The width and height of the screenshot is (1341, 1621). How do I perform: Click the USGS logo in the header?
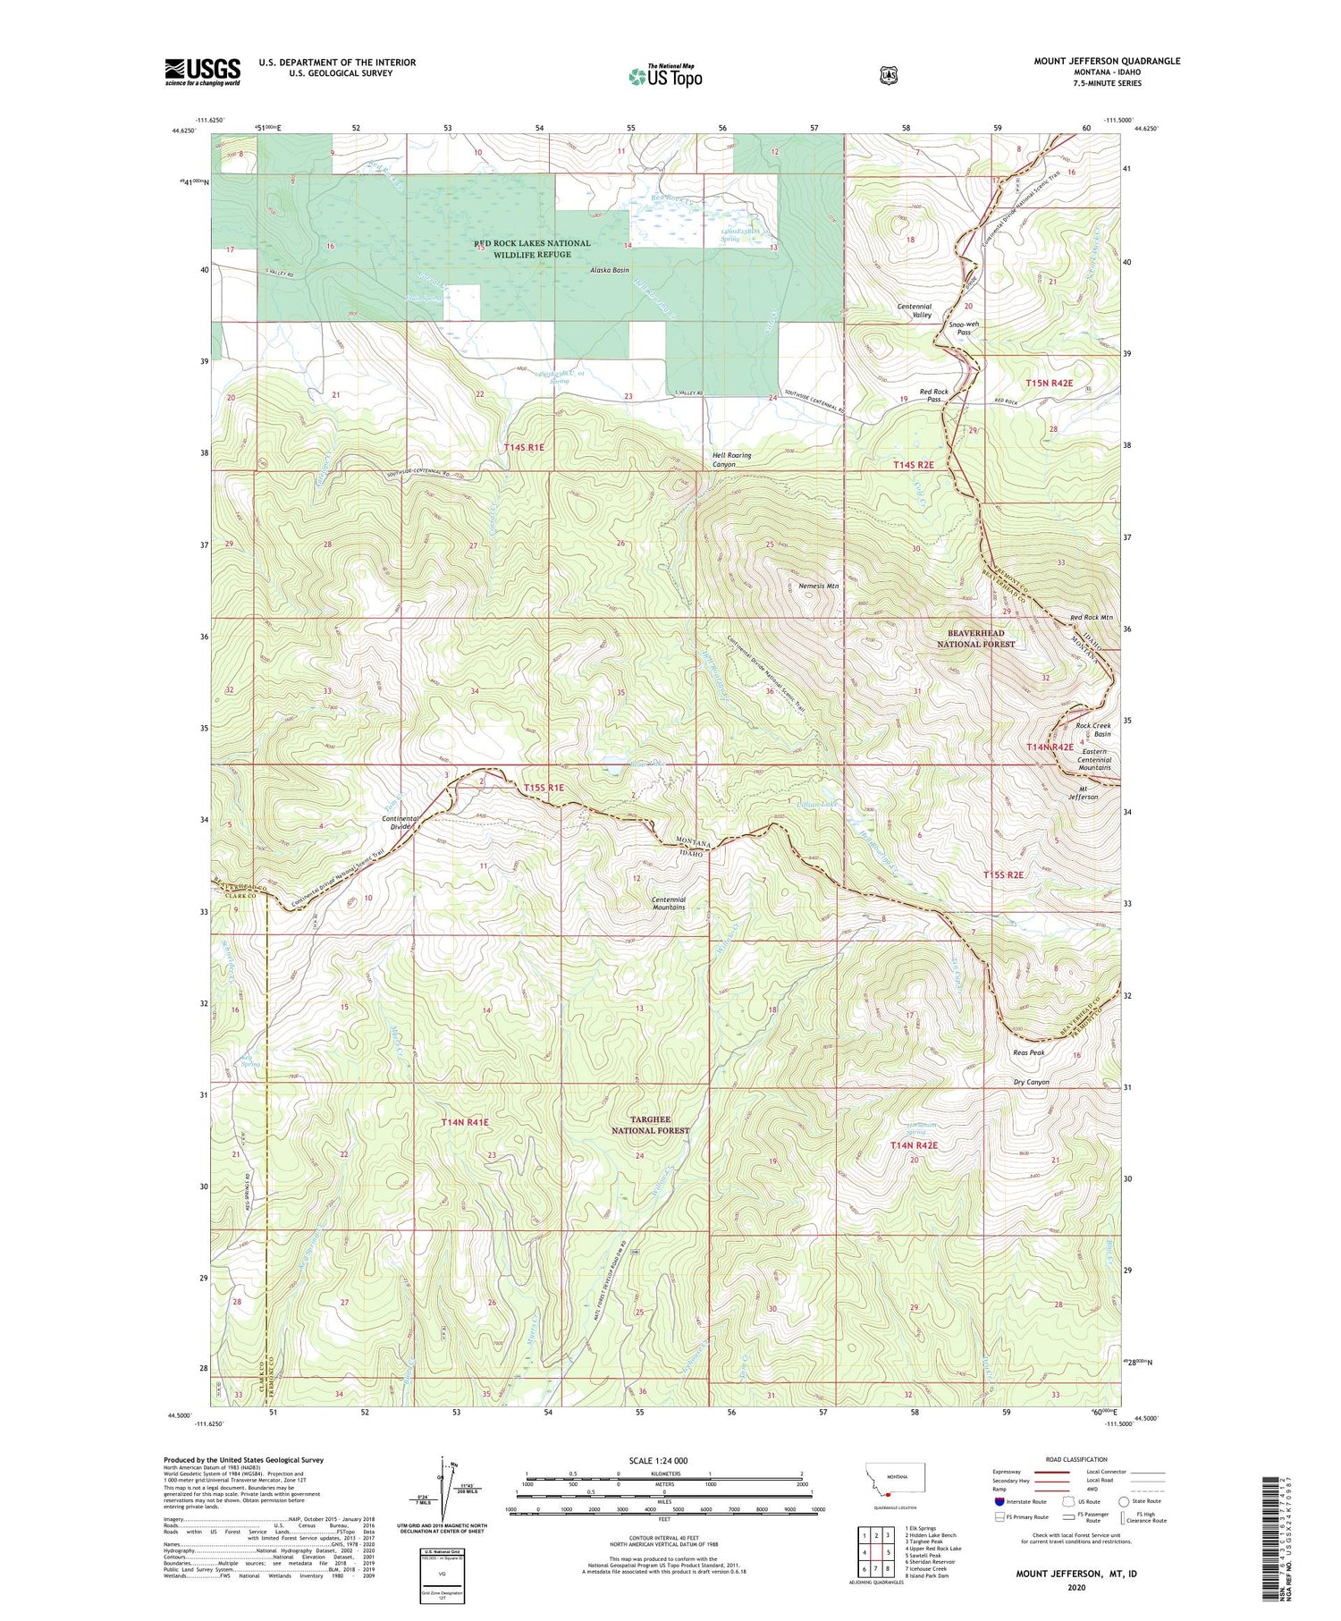(x=202, y=71)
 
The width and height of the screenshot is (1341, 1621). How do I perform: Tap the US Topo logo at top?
(x=665, y=76)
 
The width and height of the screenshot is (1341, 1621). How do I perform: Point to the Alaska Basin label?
(x=609, y=270)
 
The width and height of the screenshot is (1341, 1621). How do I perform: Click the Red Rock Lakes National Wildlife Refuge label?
(x=532, y=249)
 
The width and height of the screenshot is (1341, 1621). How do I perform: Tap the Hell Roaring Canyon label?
(x=731, y=460)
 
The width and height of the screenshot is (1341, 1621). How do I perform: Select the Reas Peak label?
(x=1028, y=1052)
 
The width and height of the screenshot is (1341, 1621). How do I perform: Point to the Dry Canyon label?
(x=1031, y=1082)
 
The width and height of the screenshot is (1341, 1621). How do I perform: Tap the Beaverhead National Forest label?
(x=975, y=638)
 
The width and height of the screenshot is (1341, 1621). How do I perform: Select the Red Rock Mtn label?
(x=1092, y=618)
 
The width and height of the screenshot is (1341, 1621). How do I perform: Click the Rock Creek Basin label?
(x=1092, y=730)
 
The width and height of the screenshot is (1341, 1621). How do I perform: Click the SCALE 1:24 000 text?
(x=658, y=1460)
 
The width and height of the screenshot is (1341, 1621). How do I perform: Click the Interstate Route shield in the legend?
(x=999, y=1501)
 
